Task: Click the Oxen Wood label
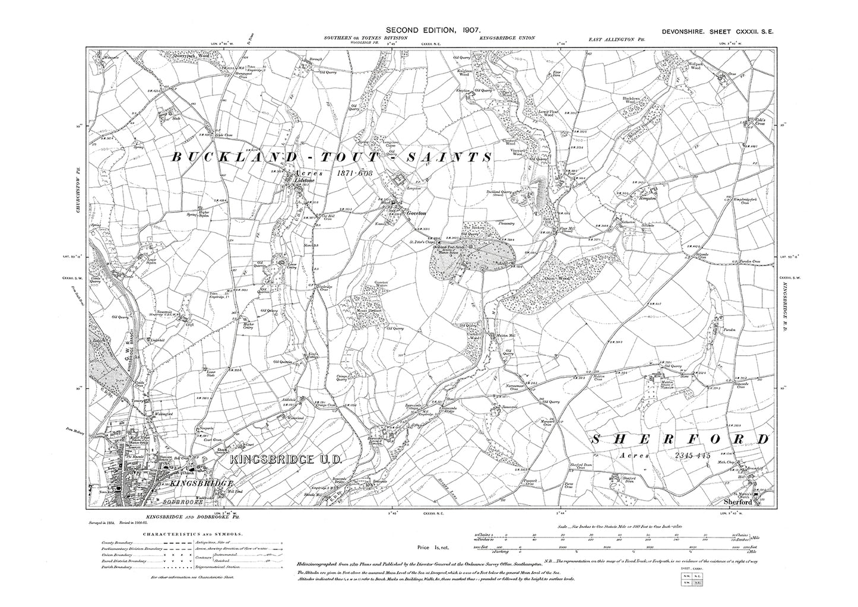(556, 278)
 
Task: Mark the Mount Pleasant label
(370, 310)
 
